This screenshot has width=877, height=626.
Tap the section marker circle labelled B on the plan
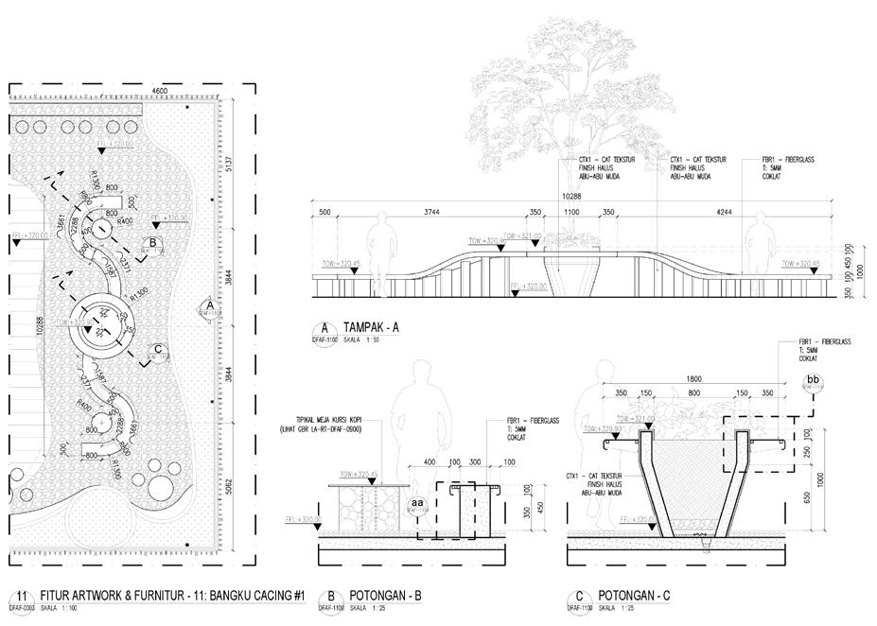[x=151, y=244]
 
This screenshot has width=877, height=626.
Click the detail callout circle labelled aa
[x=417, y=502]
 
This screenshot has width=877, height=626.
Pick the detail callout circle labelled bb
[x=812, y=383]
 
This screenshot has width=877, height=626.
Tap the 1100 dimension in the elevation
[x=571, y=212]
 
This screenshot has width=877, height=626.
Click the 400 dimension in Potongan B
[x=430, y=462]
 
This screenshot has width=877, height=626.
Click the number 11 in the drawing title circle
[x=19, y=595]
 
